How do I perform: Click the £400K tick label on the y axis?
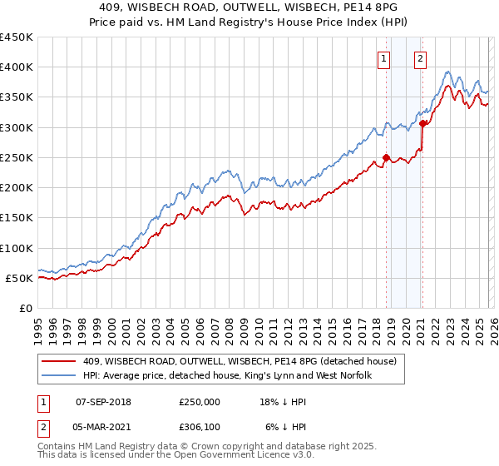pyautogui.click(x=16, y=67)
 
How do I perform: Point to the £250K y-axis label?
pyautogui.click(x=16, y=157)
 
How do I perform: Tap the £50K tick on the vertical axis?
pyautogui.click(x=19, y=278)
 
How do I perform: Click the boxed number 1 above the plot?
pyautogui.click(x=384, y=58)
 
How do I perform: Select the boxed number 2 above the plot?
pyautogui.click(x=421, y=58)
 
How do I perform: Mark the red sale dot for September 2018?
pyautogui.click(x=386, y=157)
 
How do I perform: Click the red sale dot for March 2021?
pyautogui.click(x=422, y=124)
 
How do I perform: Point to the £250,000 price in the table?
pyautogui.click(x=200, y=401)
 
